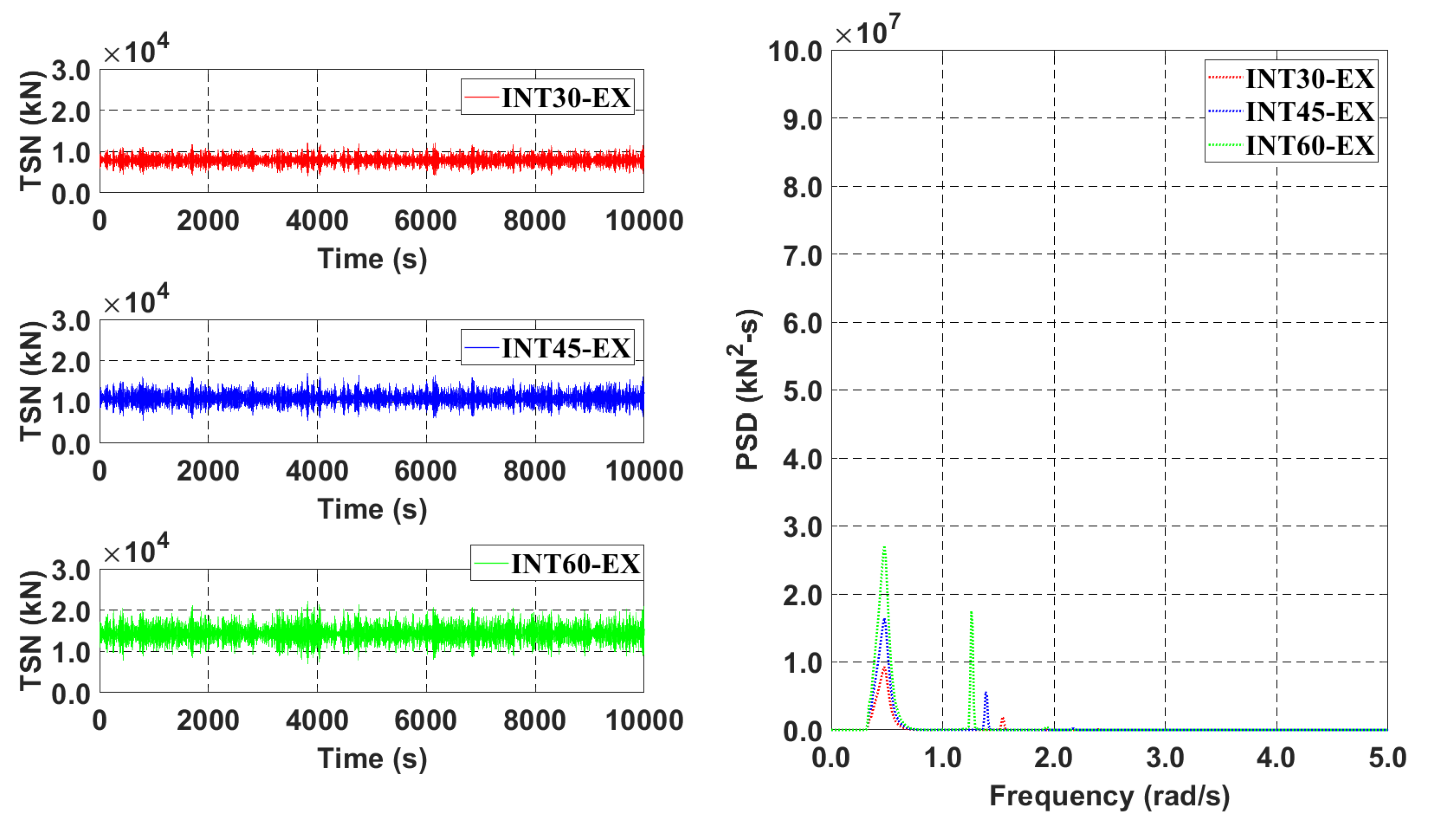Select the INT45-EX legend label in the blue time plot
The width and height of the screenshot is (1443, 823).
tap(565, 347)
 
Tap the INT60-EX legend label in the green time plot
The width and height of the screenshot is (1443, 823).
tap(575, 563)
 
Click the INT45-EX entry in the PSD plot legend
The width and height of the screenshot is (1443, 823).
tap(1309, 111)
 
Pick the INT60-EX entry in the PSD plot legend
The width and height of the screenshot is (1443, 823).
tap(1309, 145)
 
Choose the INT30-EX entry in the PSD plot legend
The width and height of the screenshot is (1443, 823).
tap(1309, 78)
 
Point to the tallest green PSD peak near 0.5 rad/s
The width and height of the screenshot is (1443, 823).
tap(884, 547)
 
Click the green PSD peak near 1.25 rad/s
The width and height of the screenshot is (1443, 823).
tap(971, 613)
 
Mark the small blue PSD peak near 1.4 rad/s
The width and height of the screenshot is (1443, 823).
tap(986, 693)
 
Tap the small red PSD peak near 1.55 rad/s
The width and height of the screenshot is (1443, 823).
tap(1003, 718)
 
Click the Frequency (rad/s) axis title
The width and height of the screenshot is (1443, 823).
tap(1109, 797)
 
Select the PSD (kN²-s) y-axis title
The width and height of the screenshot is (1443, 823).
tap(747, 390)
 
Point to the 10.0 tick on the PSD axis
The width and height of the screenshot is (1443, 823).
tap(795, 52)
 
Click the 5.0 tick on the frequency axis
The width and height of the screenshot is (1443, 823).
tap(1387, 758)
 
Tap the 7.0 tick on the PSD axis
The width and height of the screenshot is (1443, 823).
tap(802, 255)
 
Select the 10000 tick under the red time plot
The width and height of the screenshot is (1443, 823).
tap(644, 221)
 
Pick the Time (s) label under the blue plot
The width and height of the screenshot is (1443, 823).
tap(372, 509)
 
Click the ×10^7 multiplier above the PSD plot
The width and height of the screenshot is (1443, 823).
tap(867, 32)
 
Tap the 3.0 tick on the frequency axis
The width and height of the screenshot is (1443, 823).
tap(1164, 758)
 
